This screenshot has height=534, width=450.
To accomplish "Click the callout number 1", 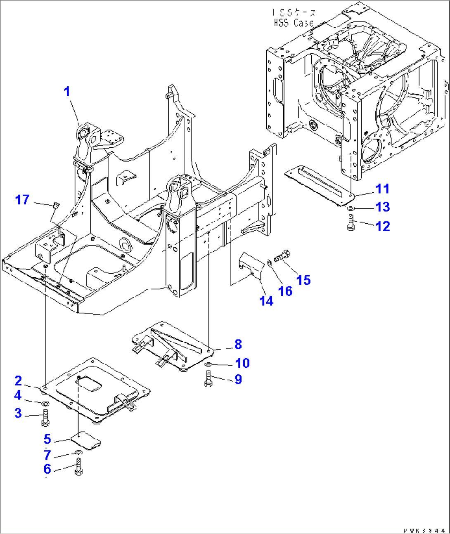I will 67,92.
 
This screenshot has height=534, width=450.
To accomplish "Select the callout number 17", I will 22,200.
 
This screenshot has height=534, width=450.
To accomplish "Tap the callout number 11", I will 383,189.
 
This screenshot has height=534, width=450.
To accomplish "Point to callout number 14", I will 266,301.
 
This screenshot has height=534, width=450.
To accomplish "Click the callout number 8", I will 238,344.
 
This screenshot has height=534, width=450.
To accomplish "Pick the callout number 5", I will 47,439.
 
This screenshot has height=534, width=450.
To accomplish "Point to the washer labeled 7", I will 78,453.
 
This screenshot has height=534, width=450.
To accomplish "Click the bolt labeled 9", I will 208,379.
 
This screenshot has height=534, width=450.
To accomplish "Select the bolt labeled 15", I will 283,255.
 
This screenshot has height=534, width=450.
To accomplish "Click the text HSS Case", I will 294,23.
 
